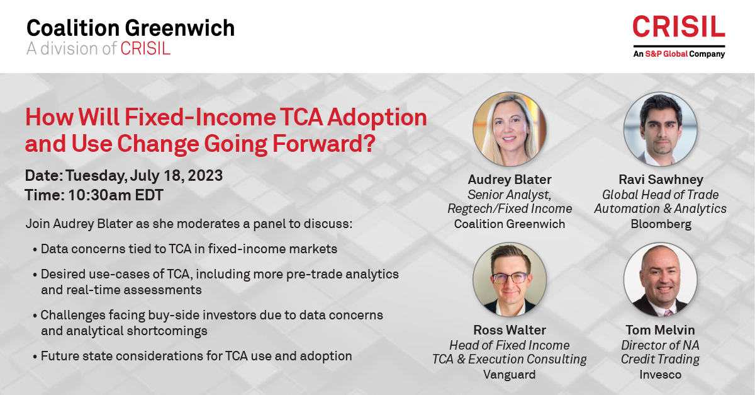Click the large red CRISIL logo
coord(679,26)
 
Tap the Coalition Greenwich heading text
coord(130,28)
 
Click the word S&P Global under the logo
coord(666,54)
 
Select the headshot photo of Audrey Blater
coord(509,129)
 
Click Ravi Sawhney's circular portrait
coord(660,129)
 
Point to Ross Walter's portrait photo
coord(509,280)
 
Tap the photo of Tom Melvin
coord(660,280)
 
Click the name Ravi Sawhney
coord(661,180)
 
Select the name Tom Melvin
coord(660,330)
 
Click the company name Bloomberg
coord(661,224)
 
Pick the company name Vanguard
coord(509,375)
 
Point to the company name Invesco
coord(660,374)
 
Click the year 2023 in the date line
coord(205,176)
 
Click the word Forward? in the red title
coord(324,144)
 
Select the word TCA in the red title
coord(301,117)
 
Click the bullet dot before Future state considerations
coord(35,357)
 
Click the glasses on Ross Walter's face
coord(510,278)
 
